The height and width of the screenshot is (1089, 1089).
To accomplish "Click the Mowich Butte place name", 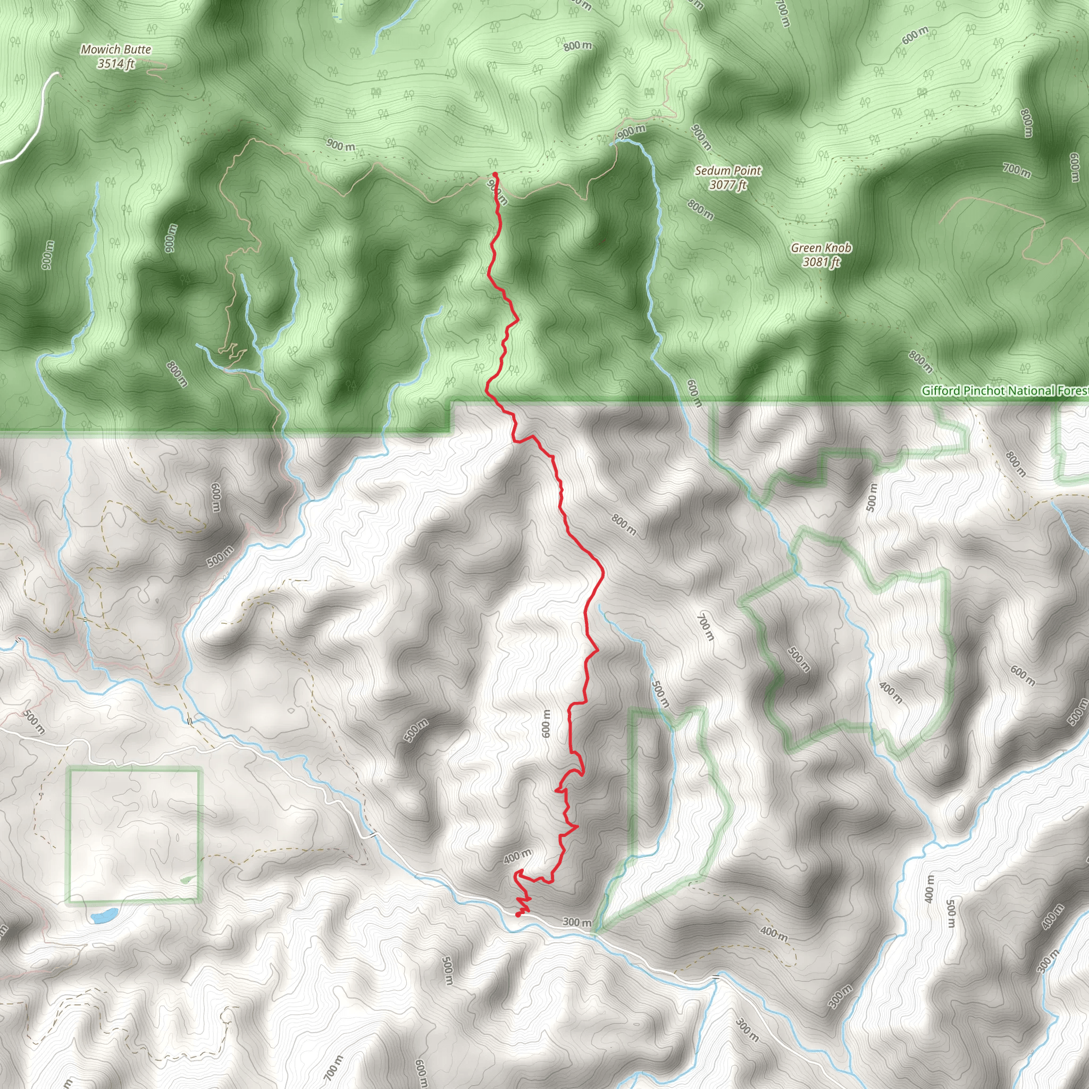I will [116, 49].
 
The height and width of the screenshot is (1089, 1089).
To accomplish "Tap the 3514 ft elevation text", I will [116, 64].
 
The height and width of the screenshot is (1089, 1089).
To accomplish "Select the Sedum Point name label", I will [728, 170].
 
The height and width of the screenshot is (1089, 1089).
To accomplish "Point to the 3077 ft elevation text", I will [728, 185].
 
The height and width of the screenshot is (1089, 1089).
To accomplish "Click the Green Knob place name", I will [820, 247].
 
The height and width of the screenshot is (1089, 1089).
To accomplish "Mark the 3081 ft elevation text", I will [820, 262].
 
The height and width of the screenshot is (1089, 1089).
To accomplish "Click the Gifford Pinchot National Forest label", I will [1004, 391].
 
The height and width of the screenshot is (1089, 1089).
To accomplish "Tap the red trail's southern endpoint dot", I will [518, 915].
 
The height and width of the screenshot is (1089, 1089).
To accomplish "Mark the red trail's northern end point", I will [495, 174].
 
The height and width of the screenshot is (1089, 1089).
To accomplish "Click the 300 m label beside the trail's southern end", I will [576, 922].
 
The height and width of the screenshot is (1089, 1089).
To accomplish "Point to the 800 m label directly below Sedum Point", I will [701, 210].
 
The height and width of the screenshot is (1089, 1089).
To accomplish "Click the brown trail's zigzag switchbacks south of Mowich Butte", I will [233, 350].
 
